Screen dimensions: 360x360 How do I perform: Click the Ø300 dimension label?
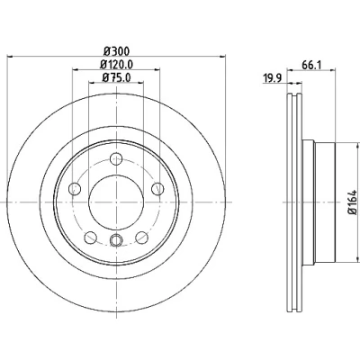click(x=117, y=51)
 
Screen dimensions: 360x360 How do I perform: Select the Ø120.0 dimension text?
click(x=117, y=65)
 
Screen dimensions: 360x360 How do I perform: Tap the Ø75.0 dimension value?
click(x=117, y=77)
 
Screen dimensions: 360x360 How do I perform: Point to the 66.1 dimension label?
click(x=311, y=65)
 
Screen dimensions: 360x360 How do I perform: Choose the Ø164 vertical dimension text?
click(x=353, y=202)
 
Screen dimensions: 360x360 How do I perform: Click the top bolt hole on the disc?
click(x=116, y=158)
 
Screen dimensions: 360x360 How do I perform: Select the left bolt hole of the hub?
click(x=75, y=189)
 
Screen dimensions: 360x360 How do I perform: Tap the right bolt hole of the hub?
click(x=157, y=189)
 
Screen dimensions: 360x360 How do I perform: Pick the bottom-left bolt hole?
click(x=91, y=238)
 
